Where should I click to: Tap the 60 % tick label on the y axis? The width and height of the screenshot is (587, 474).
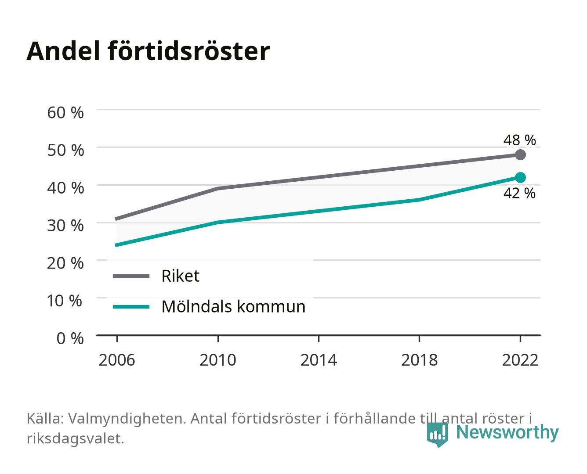(x=65, y=113)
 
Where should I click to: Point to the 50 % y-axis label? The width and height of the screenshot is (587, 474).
(x=65, y=150)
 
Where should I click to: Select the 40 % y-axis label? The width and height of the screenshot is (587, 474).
(x=65, y=188)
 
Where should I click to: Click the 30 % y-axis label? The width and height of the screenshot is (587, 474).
(x=65, y=226)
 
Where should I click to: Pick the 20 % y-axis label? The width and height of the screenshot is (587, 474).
(x=65, y=263)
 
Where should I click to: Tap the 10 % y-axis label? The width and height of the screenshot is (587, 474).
(x=65, y=301)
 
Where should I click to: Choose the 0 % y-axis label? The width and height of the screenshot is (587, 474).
(x=70, y=338)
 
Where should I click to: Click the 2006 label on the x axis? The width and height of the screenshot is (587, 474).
(x=117, y=360)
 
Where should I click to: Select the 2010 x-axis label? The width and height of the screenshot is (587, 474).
(x=218, y=360)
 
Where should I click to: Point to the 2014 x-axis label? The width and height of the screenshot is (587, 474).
(x=319, y=360)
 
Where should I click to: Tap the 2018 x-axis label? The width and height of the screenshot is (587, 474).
(x=419, y=360)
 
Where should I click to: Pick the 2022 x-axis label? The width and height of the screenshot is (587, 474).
(x=520, y=360)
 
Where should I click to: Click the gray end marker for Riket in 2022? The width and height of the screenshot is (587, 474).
(x=520, y=154)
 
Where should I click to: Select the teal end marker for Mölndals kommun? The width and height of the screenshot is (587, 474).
(x=520, y=178)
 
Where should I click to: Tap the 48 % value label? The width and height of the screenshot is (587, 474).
(x=519, y=140)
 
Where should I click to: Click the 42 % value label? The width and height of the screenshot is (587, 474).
(x=519, y=193)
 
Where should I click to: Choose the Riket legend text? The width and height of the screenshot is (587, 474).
(x=180, y=276)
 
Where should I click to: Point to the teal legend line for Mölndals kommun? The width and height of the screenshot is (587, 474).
(x=131, y=307)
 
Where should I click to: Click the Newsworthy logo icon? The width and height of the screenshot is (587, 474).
(x=437, y=434)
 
